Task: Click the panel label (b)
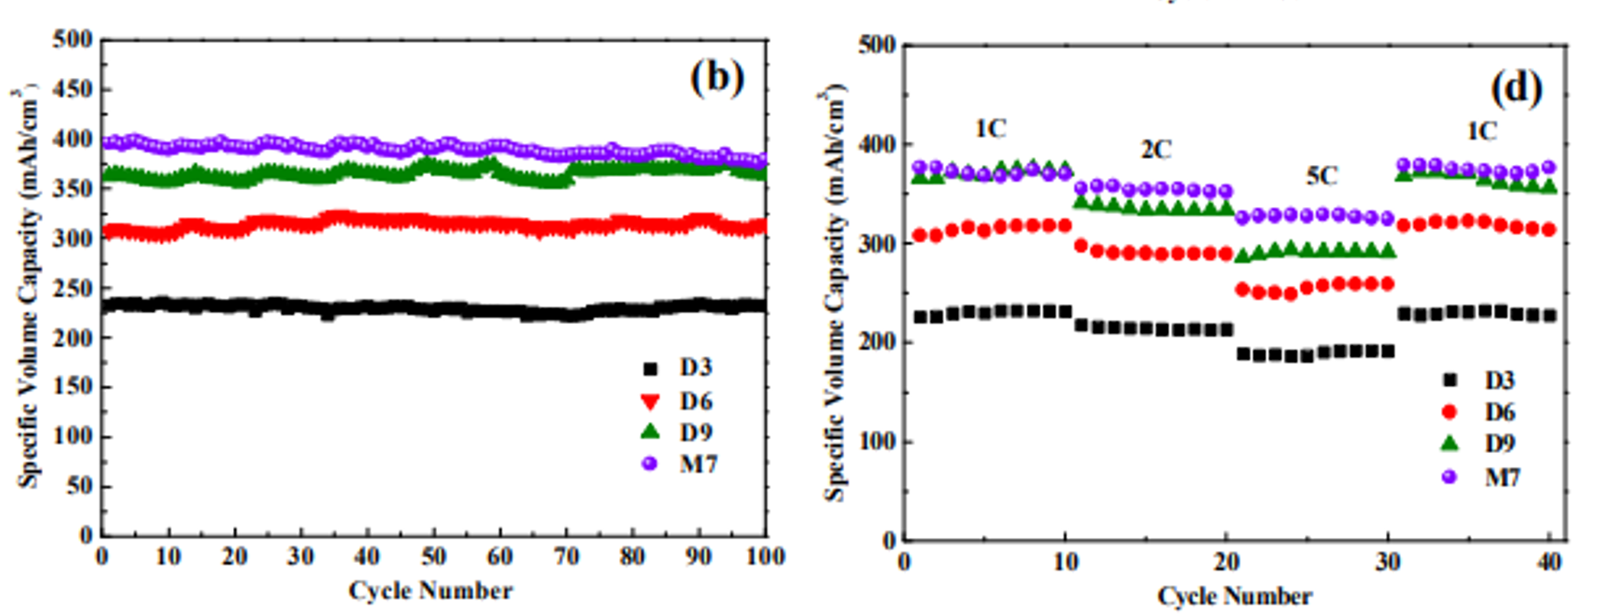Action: click(717, 78)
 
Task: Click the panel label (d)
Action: click(1516, 89)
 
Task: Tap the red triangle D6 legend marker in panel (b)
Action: click(650, 401)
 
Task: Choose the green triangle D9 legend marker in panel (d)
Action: click(1448, 443)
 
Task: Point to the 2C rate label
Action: click(1156, 150)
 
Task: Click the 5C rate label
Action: click(1322, 176)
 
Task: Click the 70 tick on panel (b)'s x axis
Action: click(566, 557)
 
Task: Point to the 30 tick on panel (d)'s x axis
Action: click(1388, 563)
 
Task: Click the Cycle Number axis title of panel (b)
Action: click(430, 591)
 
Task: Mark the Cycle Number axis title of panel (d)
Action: click(1235, 596)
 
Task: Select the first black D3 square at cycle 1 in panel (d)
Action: click(920, 317)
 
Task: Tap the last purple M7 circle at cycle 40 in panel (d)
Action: click(1549, 167)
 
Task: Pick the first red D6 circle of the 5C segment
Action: click(1243, 290)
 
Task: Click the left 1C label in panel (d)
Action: click(991, 129)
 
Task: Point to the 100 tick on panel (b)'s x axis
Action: click(765, 557)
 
